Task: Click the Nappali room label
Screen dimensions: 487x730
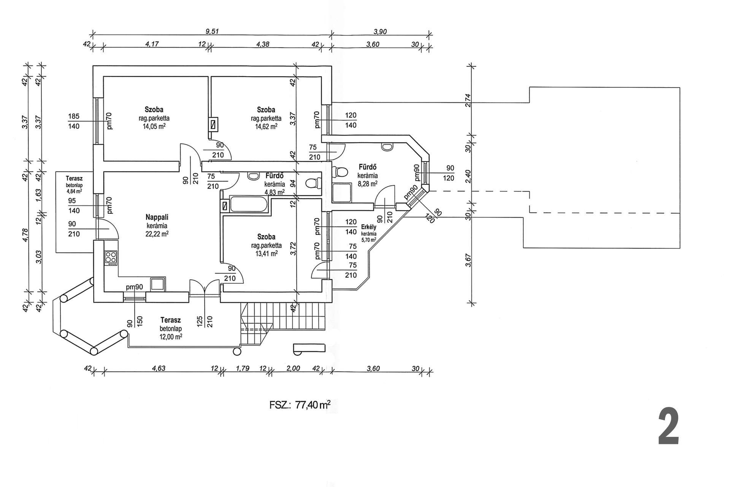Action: click(157, 217)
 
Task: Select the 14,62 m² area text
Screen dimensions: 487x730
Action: click(266, 126)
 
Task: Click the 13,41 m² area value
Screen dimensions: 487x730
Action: click(266, 253)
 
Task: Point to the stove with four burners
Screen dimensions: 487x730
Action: click(111, 258)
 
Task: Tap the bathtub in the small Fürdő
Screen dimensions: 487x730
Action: click(250, 205)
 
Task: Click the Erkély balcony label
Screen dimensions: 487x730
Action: click(369, 227)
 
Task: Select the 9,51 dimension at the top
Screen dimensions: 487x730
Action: click(212, 32)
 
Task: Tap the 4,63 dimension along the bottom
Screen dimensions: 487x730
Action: click(159, 368)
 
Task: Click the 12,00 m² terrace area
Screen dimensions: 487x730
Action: click(171, 337)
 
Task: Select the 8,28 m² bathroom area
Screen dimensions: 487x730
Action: click(367, 183)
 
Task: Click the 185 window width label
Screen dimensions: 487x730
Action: click(74, 116)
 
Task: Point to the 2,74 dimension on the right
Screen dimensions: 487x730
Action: click(468, 100)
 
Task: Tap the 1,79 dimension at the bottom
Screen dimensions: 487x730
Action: click(243, 368)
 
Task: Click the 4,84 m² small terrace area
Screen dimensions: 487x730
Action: click(74, 191)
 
